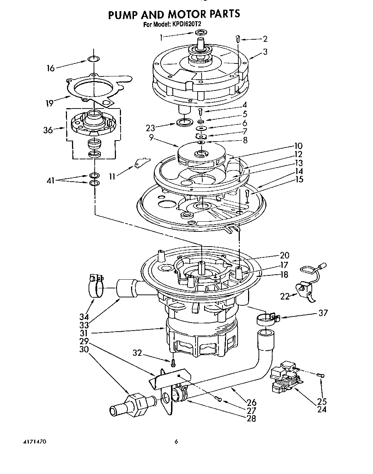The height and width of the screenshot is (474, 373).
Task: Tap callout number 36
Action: click(48, 130)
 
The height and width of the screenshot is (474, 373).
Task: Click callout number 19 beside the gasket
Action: click(49, 103)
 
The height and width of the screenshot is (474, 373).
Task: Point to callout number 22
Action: click(285, 296)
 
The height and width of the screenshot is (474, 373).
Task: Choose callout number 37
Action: click(323, 313)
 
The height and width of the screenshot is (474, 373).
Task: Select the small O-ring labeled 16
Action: click(93, 59)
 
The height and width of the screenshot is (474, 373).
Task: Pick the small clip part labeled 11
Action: click(140, 163)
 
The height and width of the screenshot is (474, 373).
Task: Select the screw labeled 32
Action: click(174, 361)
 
